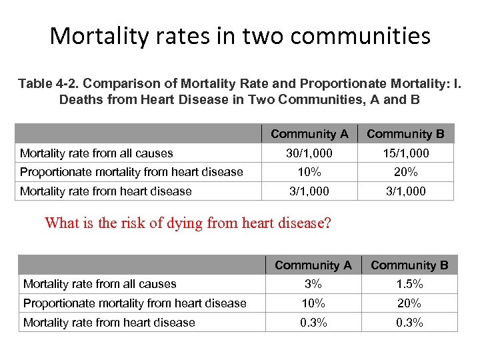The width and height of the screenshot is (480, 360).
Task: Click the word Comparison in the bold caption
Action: [x=120, y=83]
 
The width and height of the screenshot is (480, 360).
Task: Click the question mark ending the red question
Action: [x=327, y=223]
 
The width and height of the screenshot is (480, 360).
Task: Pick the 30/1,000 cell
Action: [x=309, y=153]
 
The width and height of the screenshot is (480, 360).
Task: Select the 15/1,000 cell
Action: [x=405, y=153]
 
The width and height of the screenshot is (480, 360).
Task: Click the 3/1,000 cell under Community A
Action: [x=309, y=191]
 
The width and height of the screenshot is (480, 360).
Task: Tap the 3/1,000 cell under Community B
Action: [x=405, y=191]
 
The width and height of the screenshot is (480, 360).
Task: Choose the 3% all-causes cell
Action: [x=313, y=284]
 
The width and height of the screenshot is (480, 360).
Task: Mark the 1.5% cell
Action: [x=409, y=284]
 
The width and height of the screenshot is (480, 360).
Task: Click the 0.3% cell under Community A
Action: [x=313, y=323]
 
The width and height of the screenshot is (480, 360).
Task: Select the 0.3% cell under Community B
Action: [x=409, y=323]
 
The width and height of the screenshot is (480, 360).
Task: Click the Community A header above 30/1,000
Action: [x=309, y=134]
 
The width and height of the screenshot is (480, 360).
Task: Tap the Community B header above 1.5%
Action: [x=409, y=265]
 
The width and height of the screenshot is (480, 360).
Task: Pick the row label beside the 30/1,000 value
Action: [x=96, y=153]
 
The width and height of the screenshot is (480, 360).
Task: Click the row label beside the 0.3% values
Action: [x=109, y=323]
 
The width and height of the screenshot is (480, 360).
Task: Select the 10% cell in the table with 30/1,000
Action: [x=309, y=172]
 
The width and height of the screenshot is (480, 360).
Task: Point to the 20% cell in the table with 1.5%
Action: [x=409, y=303]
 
